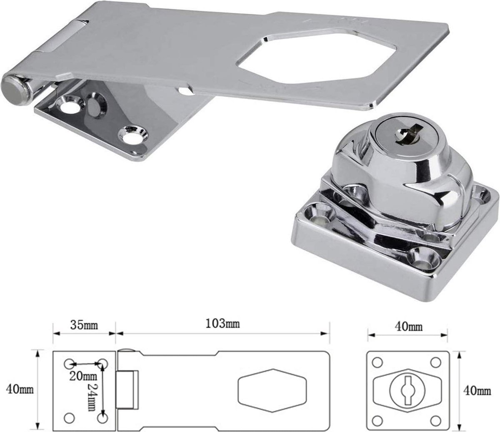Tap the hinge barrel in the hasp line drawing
coord(127,389)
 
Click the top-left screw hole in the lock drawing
coord(377,362)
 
